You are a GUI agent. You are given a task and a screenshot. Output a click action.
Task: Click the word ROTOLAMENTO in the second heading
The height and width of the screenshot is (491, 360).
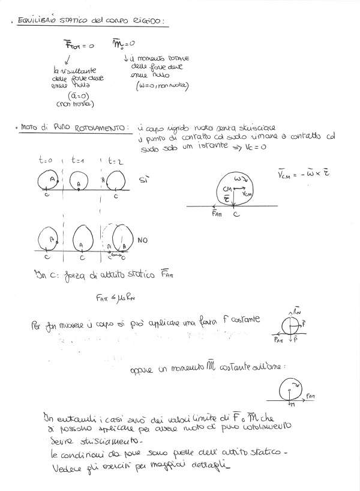[98, 127]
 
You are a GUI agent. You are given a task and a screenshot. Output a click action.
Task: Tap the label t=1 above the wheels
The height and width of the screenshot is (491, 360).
[79, 161]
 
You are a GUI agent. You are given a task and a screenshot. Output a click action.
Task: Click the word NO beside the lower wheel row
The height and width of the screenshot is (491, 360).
[143, 239]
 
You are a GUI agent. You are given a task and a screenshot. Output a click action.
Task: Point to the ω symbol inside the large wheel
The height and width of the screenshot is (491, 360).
[238, 179]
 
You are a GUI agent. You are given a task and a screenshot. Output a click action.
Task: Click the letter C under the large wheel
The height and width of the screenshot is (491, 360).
[236, 214]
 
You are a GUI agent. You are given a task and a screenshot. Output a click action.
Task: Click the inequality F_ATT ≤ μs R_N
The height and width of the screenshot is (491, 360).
[115, 297]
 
